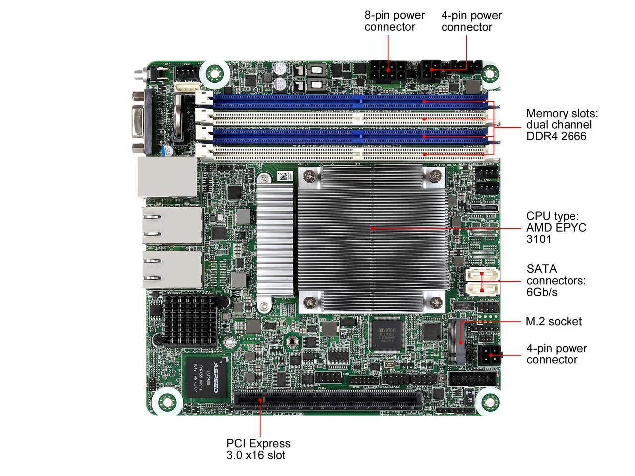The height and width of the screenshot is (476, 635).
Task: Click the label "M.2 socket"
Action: (x=554, y=322)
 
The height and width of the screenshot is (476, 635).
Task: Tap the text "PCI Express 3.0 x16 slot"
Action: (x=258, y=449)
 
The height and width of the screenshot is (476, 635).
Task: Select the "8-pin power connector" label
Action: (x=394, y=21)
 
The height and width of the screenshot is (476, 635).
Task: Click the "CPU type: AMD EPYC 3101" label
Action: (x=556, y=228)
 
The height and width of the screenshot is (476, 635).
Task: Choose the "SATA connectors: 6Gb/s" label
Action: (x=556, y=280)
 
